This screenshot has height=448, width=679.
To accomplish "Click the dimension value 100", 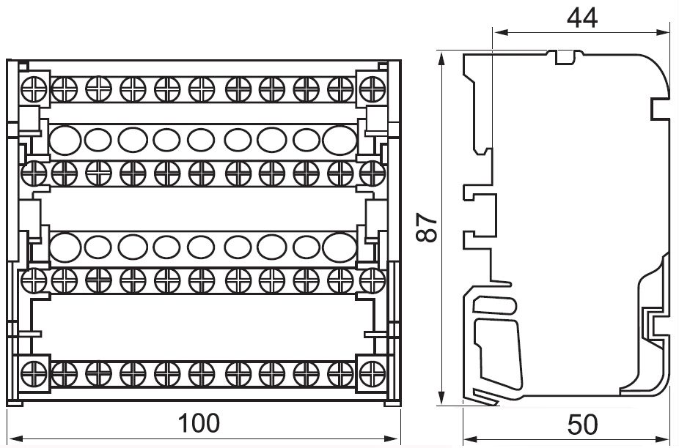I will [x=199, y=423].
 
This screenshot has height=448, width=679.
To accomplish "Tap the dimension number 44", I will [x=582, y=18].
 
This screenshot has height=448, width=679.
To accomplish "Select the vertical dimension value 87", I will [x=431, y=228].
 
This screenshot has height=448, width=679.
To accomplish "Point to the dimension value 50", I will [x=582, y=424].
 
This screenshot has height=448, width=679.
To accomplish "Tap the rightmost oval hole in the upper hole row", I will [x=337, y=138].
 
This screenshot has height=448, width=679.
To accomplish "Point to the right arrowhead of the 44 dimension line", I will [x=665, y=32].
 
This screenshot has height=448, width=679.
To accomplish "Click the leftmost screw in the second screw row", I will [x=30, y=173].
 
